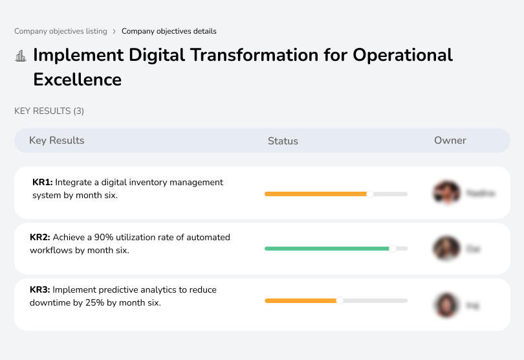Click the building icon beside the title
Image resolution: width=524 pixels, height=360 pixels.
[21, 56]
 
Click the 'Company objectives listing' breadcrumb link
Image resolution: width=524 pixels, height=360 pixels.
[61, 31]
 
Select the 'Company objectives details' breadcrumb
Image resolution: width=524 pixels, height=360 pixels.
[169, 31]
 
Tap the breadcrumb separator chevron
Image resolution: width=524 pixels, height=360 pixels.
[115, 31]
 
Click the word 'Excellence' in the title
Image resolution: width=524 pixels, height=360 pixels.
[77, 80]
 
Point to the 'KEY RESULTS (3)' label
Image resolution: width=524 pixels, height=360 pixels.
[49, 111]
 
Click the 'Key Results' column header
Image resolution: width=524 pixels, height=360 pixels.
[56, 141]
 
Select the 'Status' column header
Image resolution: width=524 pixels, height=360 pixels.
[283, 141]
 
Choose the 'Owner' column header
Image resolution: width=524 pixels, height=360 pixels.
[450, 141]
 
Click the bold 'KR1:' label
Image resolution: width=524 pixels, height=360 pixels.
[42, 183]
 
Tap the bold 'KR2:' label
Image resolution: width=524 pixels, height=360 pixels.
[40, 238]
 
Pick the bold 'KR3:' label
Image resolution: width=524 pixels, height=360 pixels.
[40, 290]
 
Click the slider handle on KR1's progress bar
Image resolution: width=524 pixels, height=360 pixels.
[370, 194]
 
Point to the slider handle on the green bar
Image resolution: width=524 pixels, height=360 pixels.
[392, 248]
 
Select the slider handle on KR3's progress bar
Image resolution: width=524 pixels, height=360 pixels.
[340, 300]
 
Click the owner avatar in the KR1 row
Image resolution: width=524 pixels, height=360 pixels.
[446, 193]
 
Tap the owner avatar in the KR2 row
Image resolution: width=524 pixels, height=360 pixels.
[446, 248]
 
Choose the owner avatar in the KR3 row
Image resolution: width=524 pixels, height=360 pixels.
[446, 304]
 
